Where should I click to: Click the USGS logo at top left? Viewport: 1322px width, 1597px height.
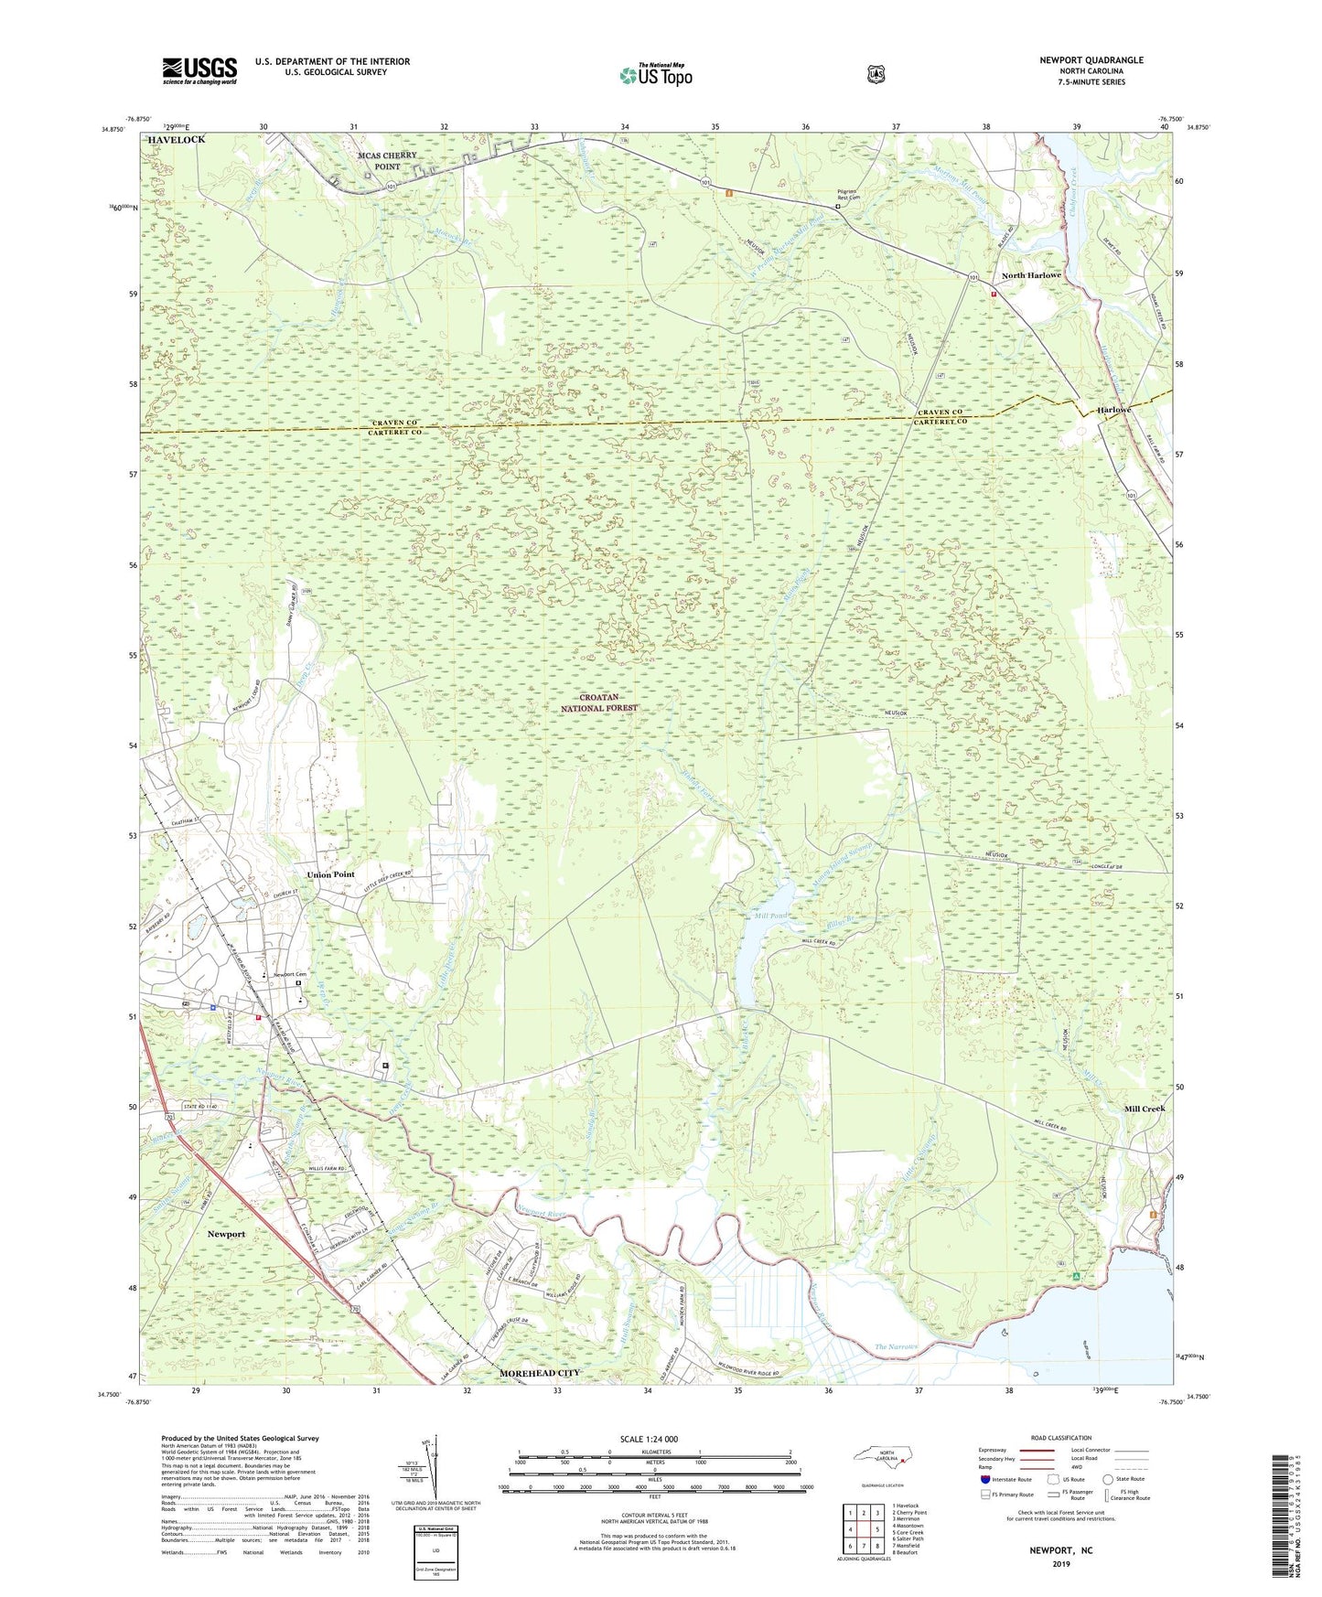(199, 70)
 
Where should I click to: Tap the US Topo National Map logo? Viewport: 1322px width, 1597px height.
(655, 74)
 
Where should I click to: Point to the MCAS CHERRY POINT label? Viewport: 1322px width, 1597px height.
(386, 161)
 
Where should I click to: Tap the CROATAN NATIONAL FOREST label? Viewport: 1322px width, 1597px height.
(608, 702)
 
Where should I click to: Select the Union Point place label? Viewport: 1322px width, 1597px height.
(331, 874)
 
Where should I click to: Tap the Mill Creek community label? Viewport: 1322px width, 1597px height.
(1145, 1109)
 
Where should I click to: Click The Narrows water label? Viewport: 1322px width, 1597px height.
(896, 1346)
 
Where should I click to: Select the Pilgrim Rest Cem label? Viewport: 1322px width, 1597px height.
(849, 194)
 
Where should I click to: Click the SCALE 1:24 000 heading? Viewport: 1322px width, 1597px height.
(649, 1439)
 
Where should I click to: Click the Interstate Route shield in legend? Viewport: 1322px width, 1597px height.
(985, 1479)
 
